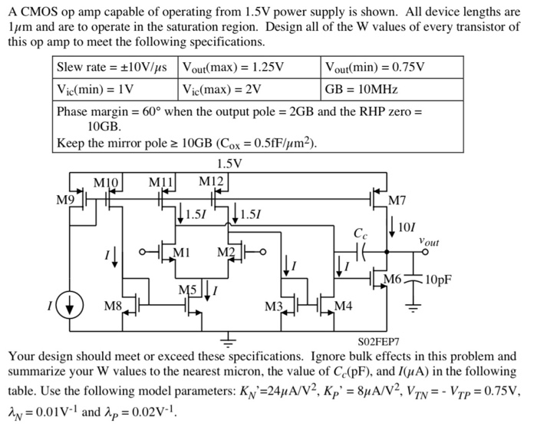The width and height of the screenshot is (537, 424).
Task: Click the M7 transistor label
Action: [397, 201]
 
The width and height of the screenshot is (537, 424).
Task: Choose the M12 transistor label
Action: [210, 181]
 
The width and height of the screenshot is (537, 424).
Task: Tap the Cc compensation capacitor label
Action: [360, 233]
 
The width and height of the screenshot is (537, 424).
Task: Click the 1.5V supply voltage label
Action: [229, 164]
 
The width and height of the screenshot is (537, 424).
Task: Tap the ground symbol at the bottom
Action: [228, 339]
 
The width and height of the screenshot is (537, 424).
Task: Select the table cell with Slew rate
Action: [115, 67]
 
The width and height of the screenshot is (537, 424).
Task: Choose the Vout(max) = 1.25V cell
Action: [234, 67]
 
